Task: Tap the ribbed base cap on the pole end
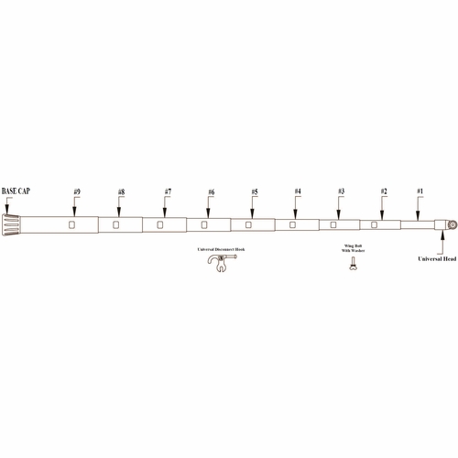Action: point(14,224)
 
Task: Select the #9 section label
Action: point(76,191)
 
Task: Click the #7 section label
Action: point(168,191)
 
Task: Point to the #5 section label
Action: point(254,191)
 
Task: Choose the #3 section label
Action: point(341,191)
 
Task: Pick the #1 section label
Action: point(420,191)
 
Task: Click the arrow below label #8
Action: point(121,207)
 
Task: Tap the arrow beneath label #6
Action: point(211,207)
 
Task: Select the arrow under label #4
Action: point(298,207)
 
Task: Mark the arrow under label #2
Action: point(384,207)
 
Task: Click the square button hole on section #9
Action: point(71,224)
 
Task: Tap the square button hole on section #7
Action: point(160,224)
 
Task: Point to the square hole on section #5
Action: point(248,224)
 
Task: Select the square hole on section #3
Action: point(333,224)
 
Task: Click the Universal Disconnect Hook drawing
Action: point(218,264)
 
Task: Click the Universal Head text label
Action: point(436,259)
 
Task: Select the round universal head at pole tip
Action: point(452,224)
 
